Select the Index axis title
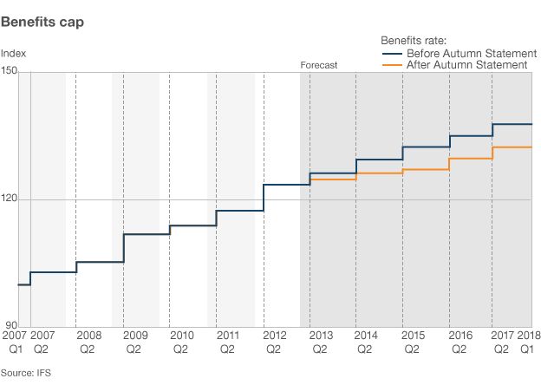click(x=13, y=54)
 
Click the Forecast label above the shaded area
click(x=318, y=65)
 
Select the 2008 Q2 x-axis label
click(x=88, y=342)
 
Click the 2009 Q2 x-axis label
click(x=134, y=342)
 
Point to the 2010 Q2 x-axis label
click(x=180, y=342)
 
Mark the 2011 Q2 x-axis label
click(x=227, y=342)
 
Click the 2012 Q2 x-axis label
click(x=273, y=342)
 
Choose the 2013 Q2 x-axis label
click(x=320, y=342)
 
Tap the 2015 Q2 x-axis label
click(x=413, y=342)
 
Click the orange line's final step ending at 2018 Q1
click(x=512, y=147)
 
